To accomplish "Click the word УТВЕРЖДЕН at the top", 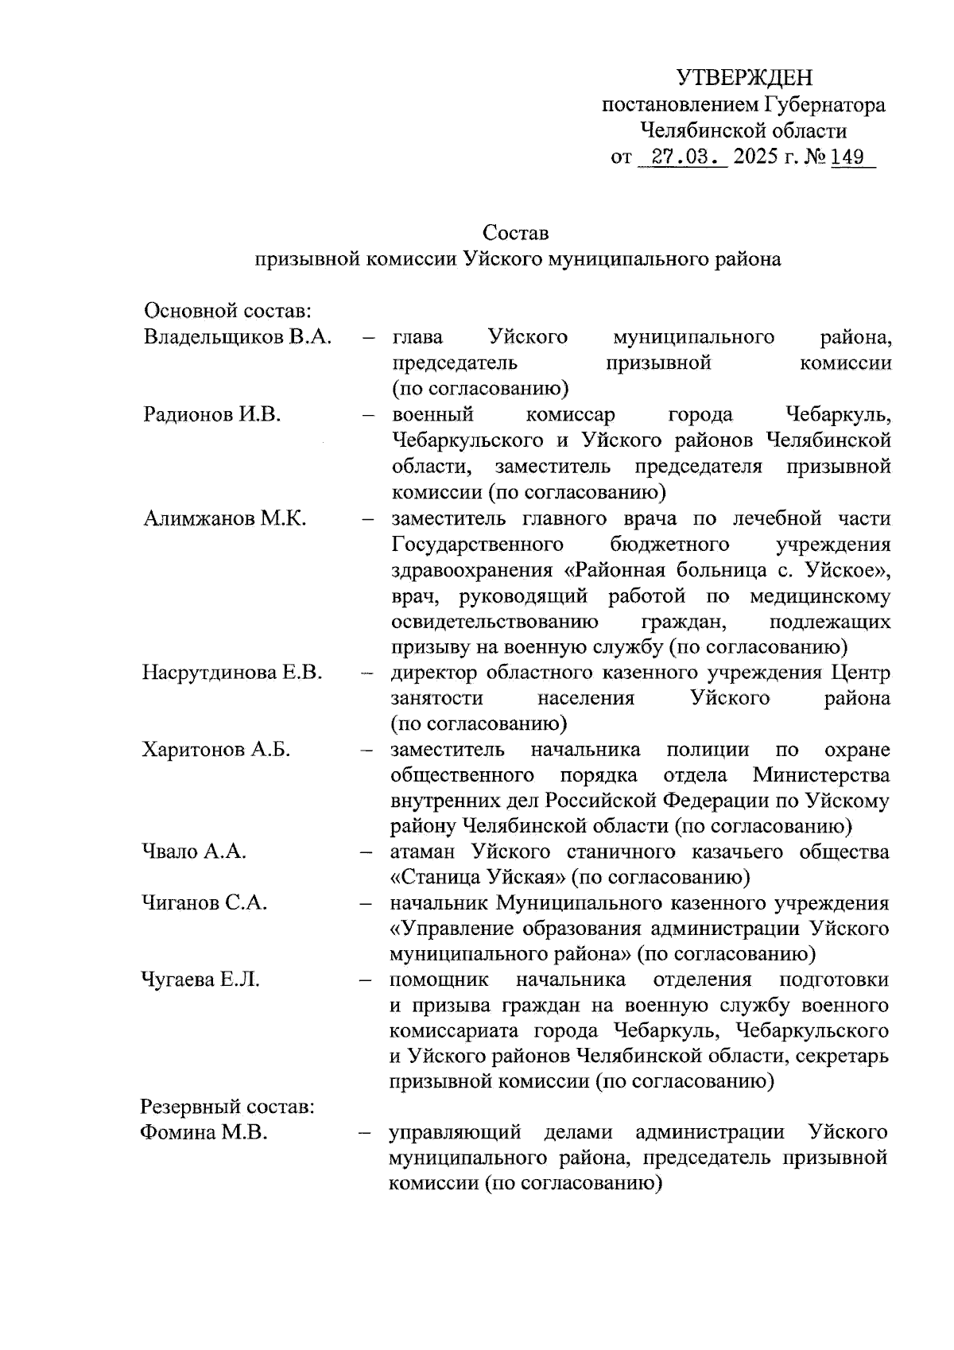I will click(x=744, y=78).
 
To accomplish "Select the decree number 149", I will click(x=847, y=157).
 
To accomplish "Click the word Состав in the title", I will click(x=515, y=233).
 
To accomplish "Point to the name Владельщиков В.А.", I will click(x=237, y=337).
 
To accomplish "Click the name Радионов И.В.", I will click(x=212, y=414).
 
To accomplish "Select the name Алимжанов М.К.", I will click(x=225, y=518).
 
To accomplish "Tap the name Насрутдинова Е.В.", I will click(x=232, y=673).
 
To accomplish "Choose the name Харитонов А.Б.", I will click(x=216, y=750).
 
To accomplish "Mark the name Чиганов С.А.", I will click(x=204, y=903).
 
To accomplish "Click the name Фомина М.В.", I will click(x=204, y=1132).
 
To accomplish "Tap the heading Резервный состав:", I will click(x=228, y=1107).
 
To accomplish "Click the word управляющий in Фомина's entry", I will click(x=454, y=1132).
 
